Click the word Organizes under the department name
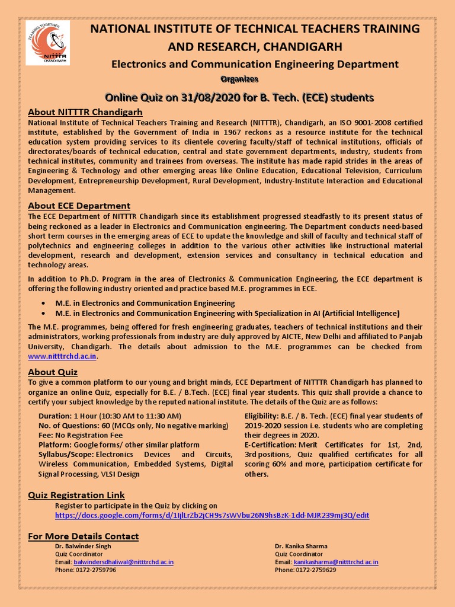pos(239,79)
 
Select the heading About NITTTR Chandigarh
pos(85,112)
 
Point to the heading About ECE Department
pos(79,206)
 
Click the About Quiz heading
pos(53,372)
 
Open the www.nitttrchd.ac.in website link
pos(62,356)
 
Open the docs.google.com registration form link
pos(212,516)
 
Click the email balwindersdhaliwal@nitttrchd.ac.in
pos(123,562)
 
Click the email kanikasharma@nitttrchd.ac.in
pos(336,562)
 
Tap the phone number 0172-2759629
pos(315,570)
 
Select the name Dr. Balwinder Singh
pos(83,546)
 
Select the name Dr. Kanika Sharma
pos(301,546)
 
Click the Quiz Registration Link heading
pos(76,495)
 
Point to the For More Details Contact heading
pos(84,536)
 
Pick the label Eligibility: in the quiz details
pos(263,416)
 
